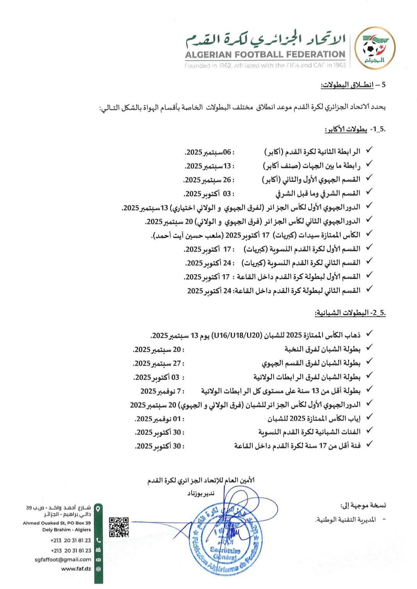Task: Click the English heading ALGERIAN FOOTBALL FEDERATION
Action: coord(265,55)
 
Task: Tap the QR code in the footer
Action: coord(119,527)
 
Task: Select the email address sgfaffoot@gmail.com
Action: coord(63,559)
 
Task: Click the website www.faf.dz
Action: coord(76,569)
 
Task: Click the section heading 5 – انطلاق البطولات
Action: coord(353,85)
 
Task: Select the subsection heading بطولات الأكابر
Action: coord(346,129)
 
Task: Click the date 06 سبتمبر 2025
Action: coord(209,152)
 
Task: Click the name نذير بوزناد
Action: coord(201,493)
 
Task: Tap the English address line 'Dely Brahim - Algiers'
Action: coord(66,530)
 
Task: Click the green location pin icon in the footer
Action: coord(98,509)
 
